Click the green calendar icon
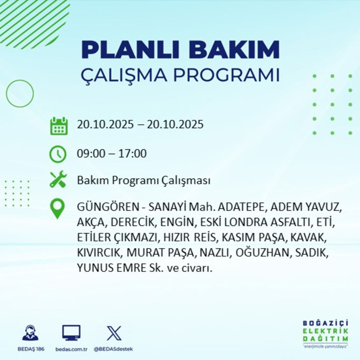(58, 126)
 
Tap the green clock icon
(58, 154)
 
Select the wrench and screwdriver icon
(58, 180)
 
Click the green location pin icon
(58, 209)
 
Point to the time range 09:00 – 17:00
(112, 154)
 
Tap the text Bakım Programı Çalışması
(144, 180)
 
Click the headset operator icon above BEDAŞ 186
(30, 333)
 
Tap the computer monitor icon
(71, 333)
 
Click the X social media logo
(114, 333)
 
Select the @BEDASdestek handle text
(114, 349)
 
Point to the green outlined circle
(20, 94)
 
